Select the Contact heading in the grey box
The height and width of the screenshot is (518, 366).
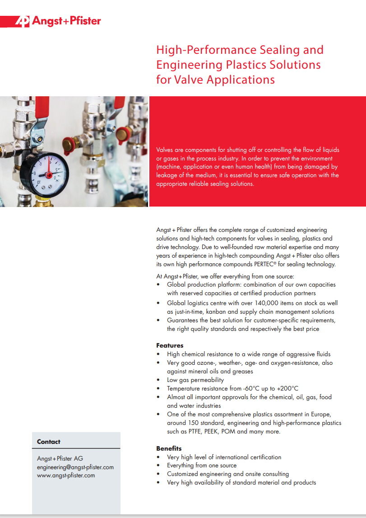(48, 442)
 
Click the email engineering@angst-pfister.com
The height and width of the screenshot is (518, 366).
(75, 467)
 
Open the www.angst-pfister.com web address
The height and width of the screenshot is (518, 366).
(66, 475)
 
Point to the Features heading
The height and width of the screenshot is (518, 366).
(170, 345)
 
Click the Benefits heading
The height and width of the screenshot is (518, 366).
(169, 448)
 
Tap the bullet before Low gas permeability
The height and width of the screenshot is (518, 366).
(158, 380)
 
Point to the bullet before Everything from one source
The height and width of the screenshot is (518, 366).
(158, 466)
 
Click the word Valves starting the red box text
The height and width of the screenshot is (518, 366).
(165, 150)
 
